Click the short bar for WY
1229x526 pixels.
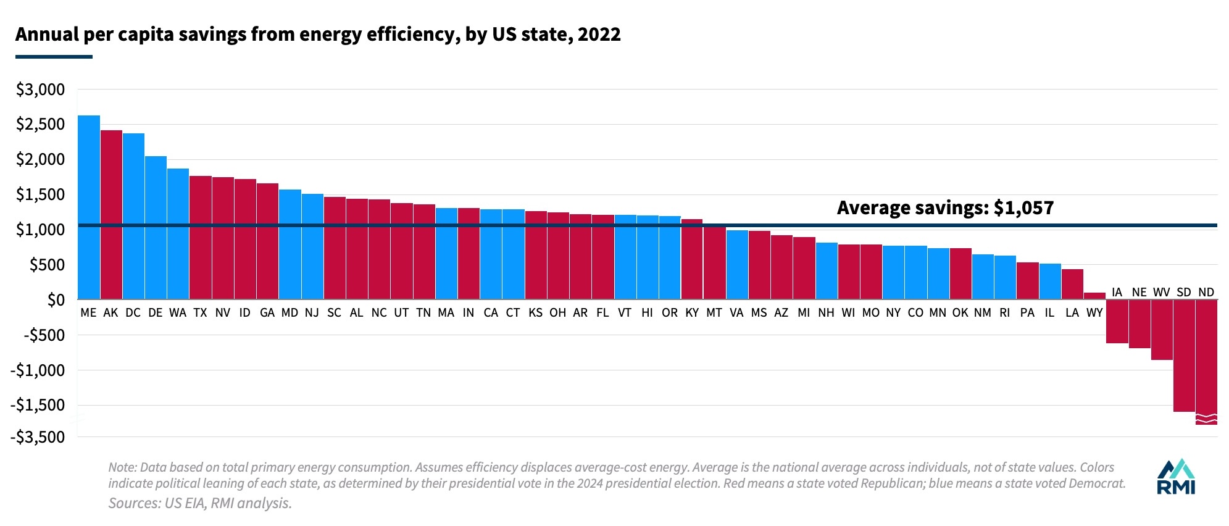[x=1094, y=296]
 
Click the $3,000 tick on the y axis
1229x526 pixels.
[x=41, y=90]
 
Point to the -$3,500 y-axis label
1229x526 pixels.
[x=38, y=436]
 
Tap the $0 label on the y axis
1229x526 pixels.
[x=56, y=300]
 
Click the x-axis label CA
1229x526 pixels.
[x=491, y=312]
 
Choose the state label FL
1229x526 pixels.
[x=602, y=312]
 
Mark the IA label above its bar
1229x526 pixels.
[x=1117, y=292]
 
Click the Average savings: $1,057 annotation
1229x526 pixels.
[x=945, y=207]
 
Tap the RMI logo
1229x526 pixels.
[x=1175, y=477]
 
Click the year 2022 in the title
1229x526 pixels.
[x=599, y=34]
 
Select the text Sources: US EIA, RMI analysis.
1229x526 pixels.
[x=200, y=503]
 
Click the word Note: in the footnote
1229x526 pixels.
[x=123, y=467]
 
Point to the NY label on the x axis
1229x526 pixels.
[x=893, y=312]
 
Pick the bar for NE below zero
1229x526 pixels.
[x=1139, y=324]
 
